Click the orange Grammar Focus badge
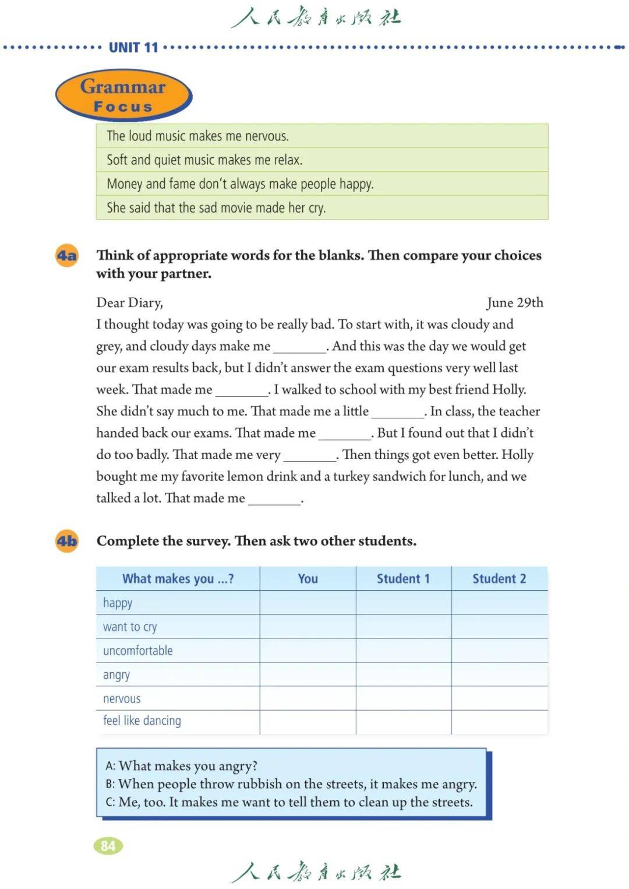click(123, 95)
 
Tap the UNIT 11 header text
click(133, 47)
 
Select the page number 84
click(108, 845)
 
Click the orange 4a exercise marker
click(67, 256)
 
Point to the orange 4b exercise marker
click(67, 541)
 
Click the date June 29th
click(514, 302)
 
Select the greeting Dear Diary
click(129, 302)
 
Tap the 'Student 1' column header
click(403, 578)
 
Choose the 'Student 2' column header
click(499, 578)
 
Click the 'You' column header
click(308, 578)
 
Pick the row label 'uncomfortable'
click(138, 651)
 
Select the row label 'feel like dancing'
click(142, 721)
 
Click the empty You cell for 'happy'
click(308, 603)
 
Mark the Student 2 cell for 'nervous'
click(499, 698)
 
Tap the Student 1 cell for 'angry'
click(403, 675)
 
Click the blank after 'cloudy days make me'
click(299, 347)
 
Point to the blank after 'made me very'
click(309, 456)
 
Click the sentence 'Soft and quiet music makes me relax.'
click(204, 160)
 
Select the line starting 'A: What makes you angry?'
click(182, 765)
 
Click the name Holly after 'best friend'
click(508, 389)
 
